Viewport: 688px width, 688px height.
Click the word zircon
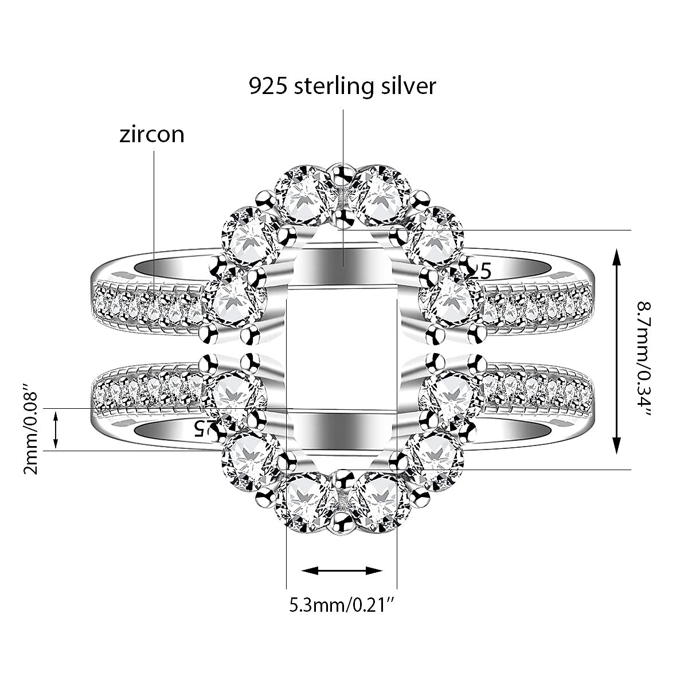(x=152, y=134)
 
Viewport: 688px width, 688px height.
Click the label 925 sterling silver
(x=342, y=85)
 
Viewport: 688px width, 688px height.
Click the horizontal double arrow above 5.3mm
(x=342, y=570)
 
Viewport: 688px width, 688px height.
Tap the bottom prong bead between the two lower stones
(x=342, y=522)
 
